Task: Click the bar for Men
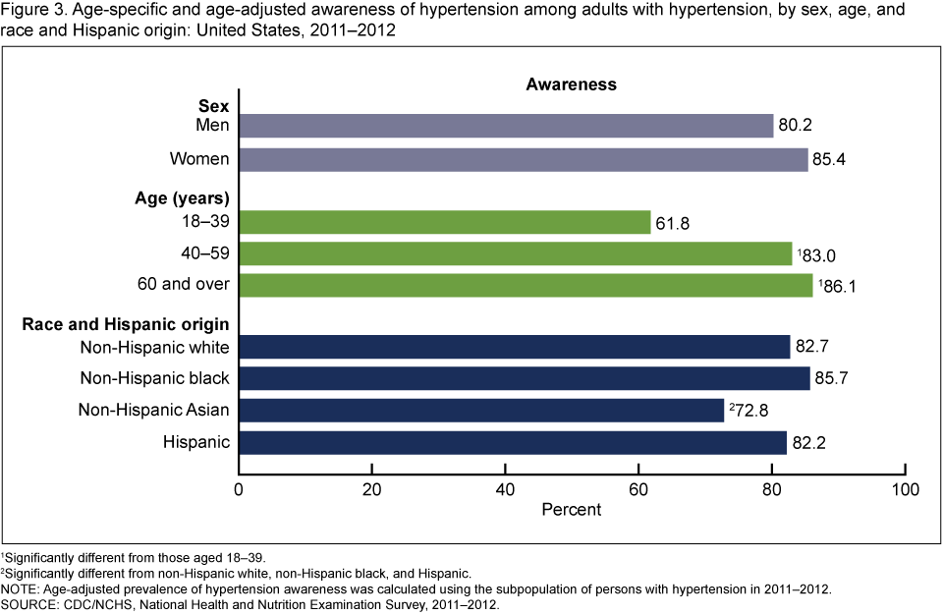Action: (x=506, y=126)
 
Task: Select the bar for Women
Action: (x=524, y=159)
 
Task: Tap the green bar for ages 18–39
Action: (x=445, y=223)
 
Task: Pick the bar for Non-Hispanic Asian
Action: (x=481, y=410)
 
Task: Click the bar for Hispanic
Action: (x=513, y=442)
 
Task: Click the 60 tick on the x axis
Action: (x=638, y=488)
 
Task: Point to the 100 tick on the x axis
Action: (x=904, y=488)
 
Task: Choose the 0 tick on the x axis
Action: (x=240, y=488)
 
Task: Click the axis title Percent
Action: (x=571, y=510)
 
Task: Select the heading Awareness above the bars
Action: (x=571, y=84)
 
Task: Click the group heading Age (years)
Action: (x=182, y=197)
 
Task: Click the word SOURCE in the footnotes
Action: (x=28, y=604)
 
